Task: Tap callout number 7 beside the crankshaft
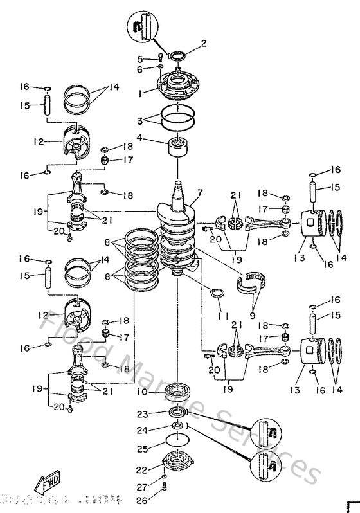coord(200,192)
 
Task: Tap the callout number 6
coord(139,69)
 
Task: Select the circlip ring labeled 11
coord(218,295)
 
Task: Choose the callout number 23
coord(141,414)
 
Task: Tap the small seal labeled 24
coord(175,427)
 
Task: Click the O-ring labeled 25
coord(175,442)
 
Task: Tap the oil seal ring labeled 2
coord(177,56)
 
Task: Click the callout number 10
coord(140,392)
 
